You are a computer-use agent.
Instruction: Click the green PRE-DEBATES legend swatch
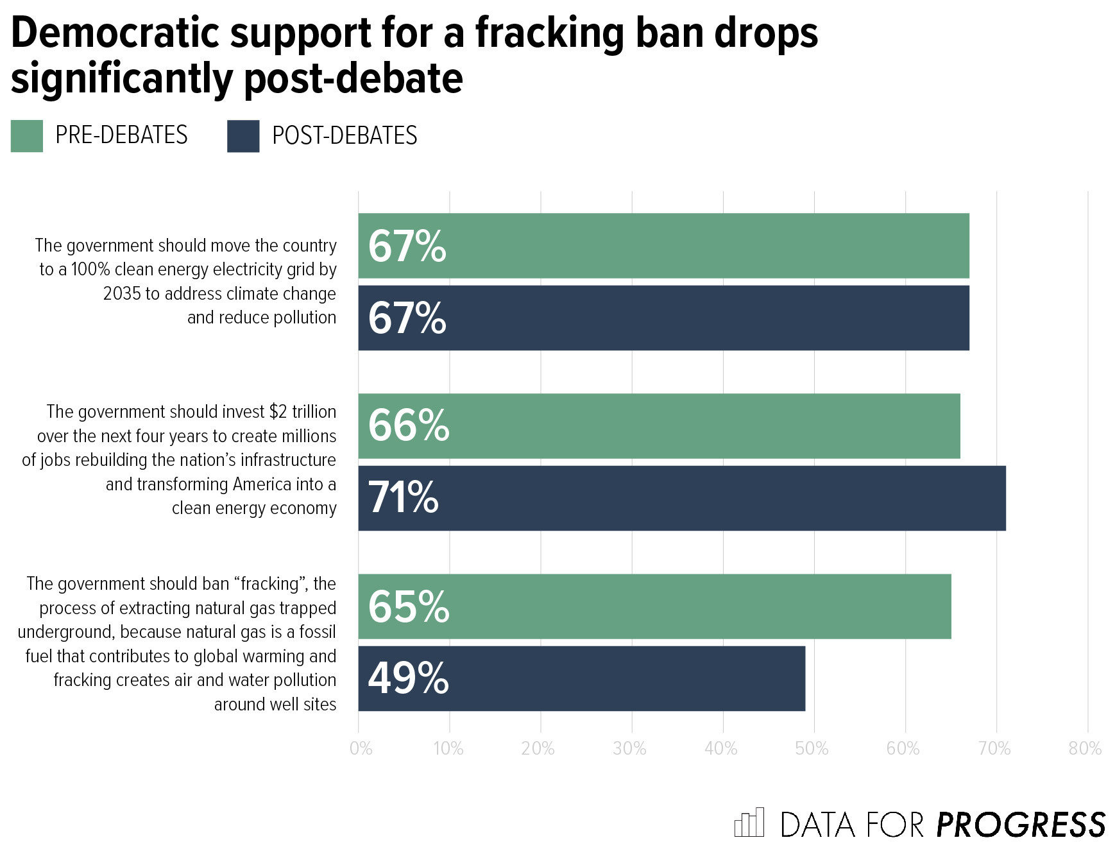click(27, 136)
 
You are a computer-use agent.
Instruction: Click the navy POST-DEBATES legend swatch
click(243, 136)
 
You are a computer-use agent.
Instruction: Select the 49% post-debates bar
click(581, 678)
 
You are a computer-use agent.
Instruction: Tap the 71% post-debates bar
click(681, 498)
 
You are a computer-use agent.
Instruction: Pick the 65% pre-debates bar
click(654, 606)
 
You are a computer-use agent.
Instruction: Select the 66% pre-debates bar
click(659, 426)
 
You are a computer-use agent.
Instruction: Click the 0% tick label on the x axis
click(361, 749)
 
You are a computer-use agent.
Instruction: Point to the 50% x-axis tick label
click(812, 749)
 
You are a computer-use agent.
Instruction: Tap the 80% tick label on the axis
click(1085, 749)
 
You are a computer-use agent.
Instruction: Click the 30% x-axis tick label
click(629, 749)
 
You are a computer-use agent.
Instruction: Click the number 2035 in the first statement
click(122, 294)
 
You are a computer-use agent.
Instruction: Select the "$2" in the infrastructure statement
click(278, 411)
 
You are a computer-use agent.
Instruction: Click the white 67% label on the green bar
click(407, 246)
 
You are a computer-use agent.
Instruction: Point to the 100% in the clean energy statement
click(90, 270)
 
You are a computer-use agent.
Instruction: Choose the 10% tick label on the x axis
click(448, 749)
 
